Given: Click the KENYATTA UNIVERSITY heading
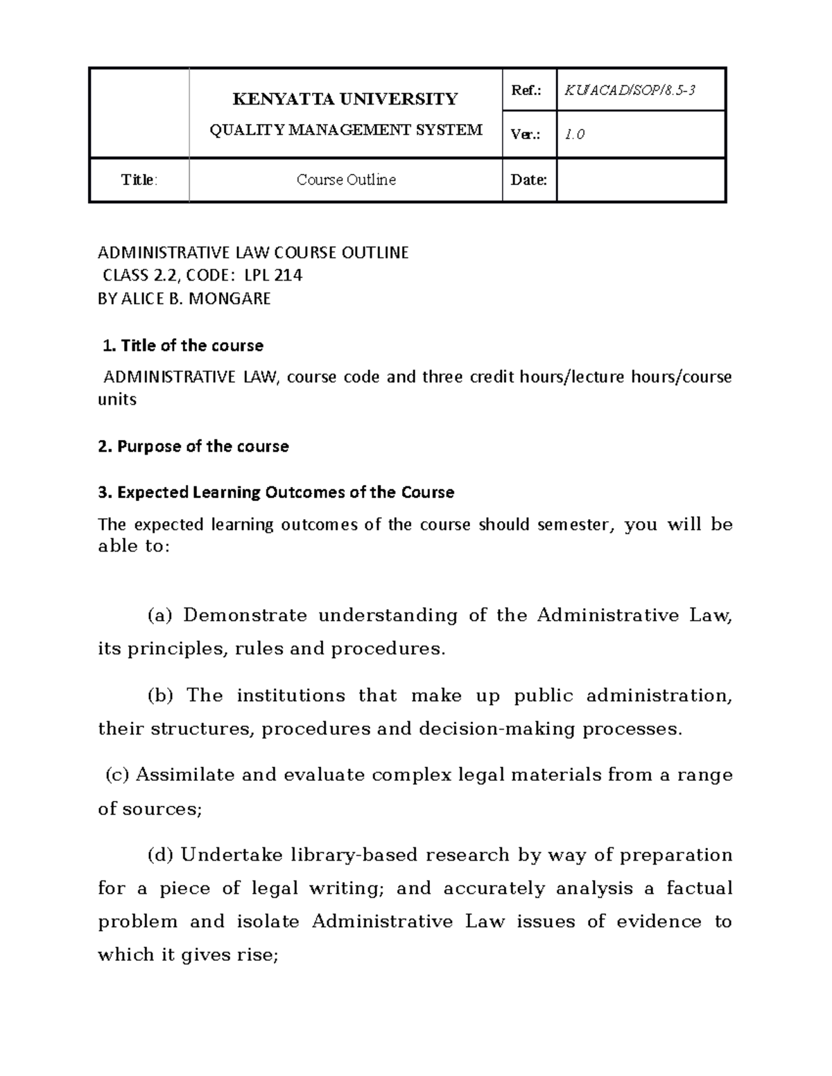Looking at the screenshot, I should pos(345,99).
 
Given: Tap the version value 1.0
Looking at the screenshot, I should pos(574,135).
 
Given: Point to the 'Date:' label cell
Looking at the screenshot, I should pos(528,180).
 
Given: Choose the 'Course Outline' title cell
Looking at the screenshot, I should pos(346,180).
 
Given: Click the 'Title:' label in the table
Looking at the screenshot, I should pos(139,180).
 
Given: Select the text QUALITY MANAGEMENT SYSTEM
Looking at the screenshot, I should pos(346,130).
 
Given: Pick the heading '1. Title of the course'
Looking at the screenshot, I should pos(182,345).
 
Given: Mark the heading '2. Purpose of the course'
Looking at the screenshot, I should pos(193,446).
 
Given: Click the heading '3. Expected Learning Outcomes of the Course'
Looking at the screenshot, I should pos(276,493).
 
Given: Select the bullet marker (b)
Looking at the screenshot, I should pos(160,696).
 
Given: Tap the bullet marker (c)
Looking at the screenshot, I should pos(117,775).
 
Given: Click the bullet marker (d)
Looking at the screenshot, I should pos(160,855).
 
